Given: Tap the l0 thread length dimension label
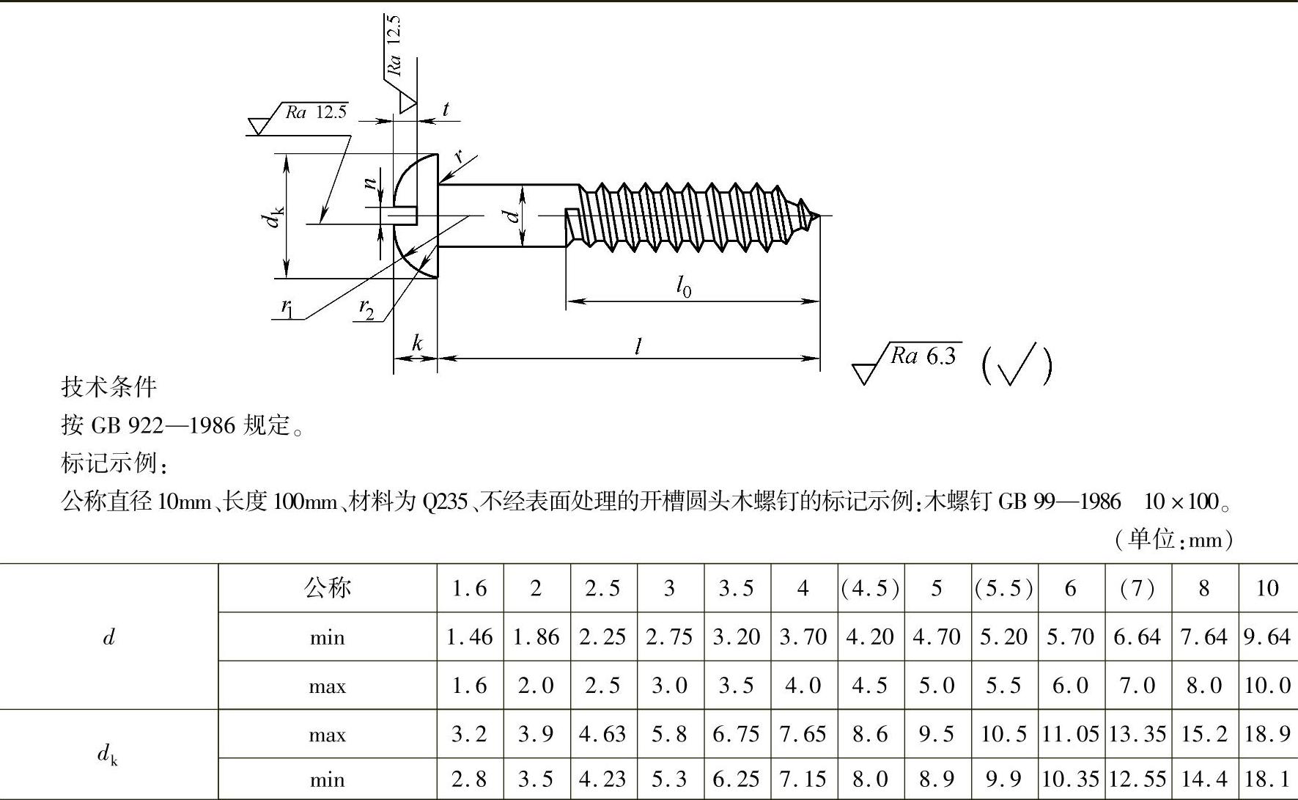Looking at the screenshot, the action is click(683, 286).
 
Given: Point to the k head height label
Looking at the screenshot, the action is click(417, 342).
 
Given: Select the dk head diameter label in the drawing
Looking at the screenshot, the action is click(275, 218).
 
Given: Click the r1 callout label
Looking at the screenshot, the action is click(287, 308).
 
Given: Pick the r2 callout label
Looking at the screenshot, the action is click(366, 309).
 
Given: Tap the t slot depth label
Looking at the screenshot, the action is click(446, 109).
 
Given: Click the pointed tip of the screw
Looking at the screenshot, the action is click(819, 216).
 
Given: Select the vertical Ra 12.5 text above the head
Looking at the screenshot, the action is click(394, 45).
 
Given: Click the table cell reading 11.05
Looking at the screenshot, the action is click(1071, 734).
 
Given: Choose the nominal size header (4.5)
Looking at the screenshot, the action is click(871, 588).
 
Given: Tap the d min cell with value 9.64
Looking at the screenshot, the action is click(1267, 636).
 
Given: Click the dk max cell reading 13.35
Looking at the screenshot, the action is click(1137, 734).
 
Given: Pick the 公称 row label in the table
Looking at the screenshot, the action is click(328, 587).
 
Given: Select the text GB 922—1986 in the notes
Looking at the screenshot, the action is click(163, 425).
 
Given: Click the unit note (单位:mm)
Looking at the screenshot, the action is click(1173, 540).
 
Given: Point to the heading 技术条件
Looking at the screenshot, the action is click(109, 387).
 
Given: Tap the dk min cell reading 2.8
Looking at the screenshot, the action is click(469, 779).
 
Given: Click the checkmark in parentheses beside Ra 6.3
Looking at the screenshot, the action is click(1017, 364).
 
